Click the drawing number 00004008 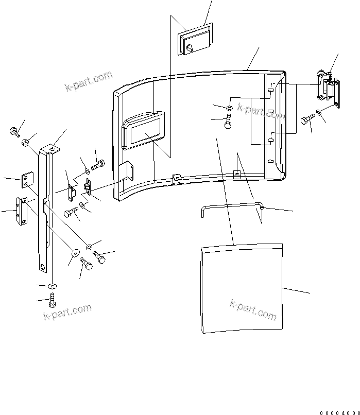[x=338, y=410]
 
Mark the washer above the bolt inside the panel [x=229, y=108]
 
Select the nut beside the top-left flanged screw [x=25, y=142]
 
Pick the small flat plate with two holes [x=25, y=181]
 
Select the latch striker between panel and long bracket [x=88, y=186]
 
